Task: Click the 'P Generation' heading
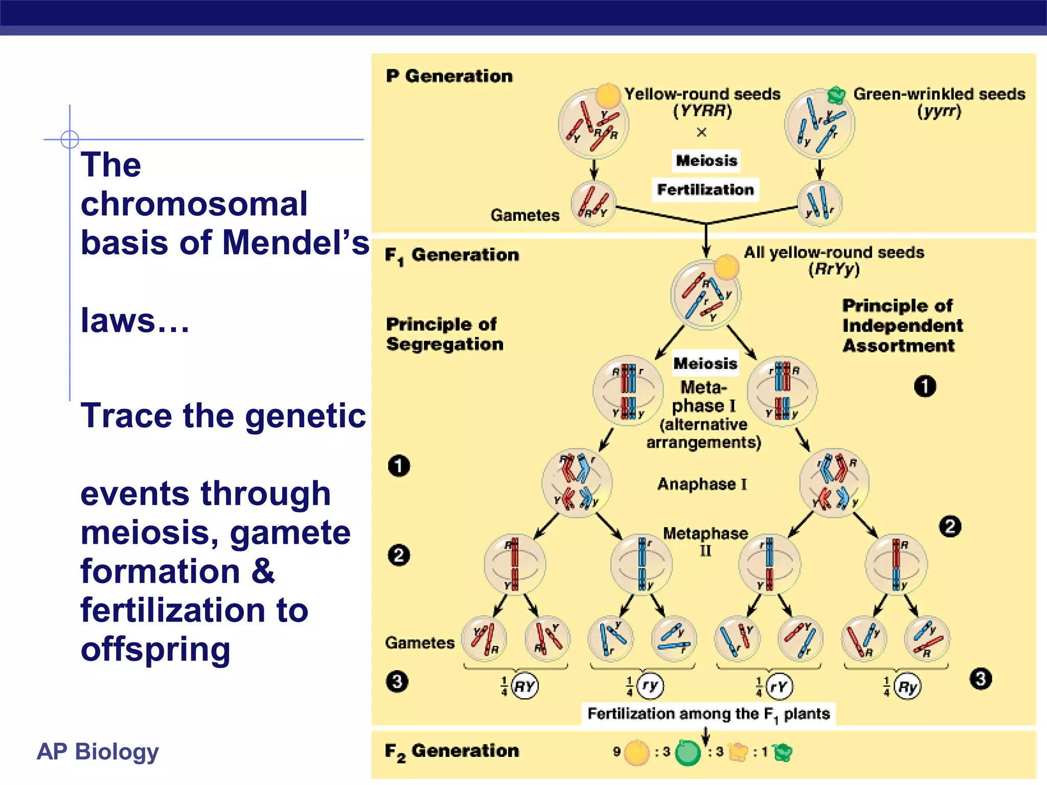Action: point(449,76)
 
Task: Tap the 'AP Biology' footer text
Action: point(98,751)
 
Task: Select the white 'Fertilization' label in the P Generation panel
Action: point(705,190)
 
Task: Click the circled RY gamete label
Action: point(525,686)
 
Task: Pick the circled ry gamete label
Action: point(650,686)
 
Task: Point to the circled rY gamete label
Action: point(779,686)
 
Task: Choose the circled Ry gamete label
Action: point(907,686)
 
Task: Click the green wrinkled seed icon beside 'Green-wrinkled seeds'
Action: point(836,95)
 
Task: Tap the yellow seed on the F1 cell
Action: point(726,267)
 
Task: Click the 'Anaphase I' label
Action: point(702,484)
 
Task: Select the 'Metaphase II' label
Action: point(705,541)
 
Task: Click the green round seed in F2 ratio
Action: point(688,752)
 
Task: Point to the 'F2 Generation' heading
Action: point(451,751)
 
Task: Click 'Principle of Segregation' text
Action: point(444,334)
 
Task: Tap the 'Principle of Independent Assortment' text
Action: point(902,326)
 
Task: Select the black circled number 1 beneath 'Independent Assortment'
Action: point(925,386)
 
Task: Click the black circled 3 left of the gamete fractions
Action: point(397,681)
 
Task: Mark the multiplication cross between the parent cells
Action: point(701,132)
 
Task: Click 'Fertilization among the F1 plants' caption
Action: point(708,713)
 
